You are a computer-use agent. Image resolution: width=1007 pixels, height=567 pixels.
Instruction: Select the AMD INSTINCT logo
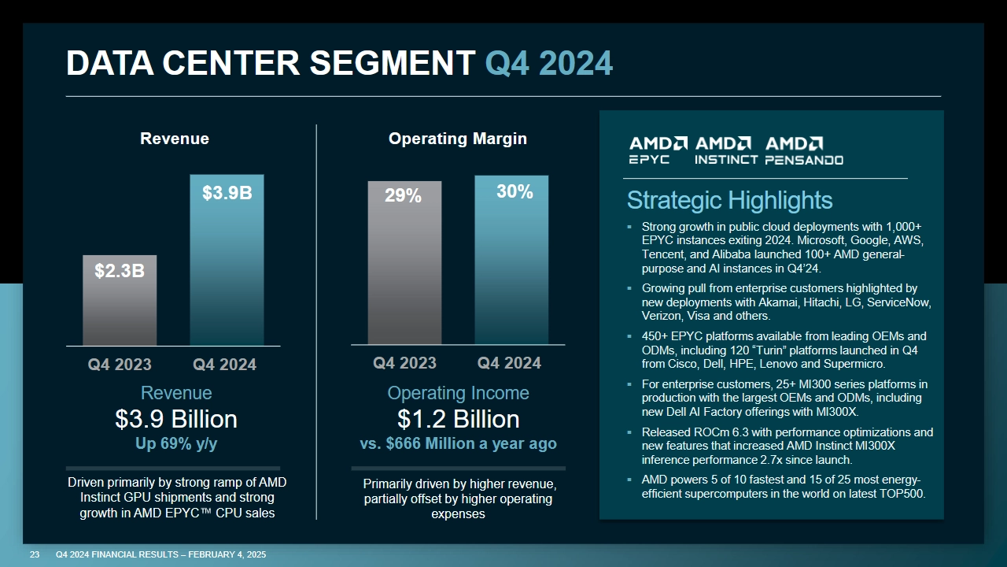(x=725, y=150)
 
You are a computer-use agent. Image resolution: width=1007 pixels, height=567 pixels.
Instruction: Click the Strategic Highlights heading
(x=729, y=200)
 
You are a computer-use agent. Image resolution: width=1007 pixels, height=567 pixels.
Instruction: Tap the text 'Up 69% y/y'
(x=176, y=443)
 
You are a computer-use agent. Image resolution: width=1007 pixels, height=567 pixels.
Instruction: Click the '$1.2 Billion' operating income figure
(x=458, y=418)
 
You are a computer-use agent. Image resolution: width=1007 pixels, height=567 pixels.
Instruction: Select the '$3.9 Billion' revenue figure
(x=176, y=418)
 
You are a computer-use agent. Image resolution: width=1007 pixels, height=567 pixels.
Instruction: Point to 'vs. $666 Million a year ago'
(x=458, y=443)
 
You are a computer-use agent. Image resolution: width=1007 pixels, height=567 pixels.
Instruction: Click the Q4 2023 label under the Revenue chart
(x=120, y=365)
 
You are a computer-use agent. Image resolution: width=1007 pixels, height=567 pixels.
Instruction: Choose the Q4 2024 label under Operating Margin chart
(x=509, y=363)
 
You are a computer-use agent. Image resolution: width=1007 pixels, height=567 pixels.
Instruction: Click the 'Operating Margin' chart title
(x=458, y=139)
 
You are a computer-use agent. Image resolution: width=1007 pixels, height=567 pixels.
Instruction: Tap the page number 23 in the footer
(x=35, y=555)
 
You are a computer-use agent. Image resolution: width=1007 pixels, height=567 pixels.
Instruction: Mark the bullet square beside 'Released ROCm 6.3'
(x=630, y=432)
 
